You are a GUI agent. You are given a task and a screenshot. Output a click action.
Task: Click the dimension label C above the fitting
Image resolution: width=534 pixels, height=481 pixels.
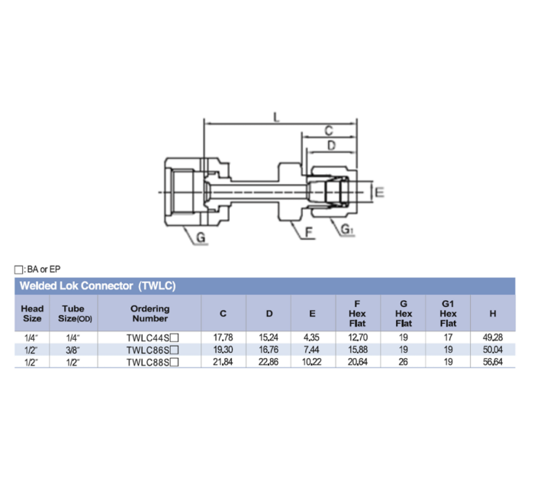[328, 131]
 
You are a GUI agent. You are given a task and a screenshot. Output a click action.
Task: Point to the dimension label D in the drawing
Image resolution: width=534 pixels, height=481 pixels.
[330, 145]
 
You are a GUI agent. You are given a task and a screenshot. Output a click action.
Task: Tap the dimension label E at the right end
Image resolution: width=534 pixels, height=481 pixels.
[378, 192]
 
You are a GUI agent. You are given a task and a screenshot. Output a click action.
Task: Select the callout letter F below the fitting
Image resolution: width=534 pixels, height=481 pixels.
[309, 231]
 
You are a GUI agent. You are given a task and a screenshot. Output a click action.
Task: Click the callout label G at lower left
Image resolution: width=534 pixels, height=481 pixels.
[201, 238]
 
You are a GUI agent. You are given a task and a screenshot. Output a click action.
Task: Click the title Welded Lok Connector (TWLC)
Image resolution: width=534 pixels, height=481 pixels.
[98, 286]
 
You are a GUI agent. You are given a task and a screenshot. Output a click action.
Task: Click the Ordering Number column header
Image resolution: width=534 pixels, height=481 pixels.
[150, 314]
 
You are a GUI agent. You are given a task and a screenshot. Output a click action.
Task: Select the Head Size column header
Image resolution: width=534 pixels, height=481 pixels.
[32, 314]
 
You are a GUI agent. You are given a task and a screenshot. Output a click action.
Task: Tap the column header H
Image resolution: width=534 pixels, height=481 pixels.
[494, 314]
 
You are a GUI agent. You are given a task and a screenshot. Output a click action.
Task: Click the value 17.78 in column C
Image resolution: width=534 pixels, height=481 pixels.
[223, 337]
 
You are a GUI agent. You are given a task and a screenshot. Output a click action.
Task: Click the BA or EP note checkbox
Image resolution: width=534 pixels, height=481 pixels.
[18, 270]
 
